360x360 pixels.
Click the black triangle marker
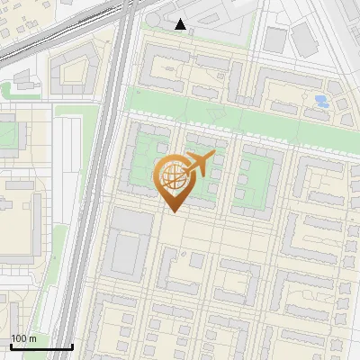point(181,24)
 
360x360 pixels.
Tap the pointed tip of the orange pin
point(173,211)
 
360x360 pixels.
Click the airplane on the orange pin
point(202,162)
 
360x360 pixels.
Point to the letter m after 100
point(32,338)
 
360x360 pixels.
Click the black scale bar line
point(41,346)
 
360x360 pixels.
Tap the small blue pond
point(320,101)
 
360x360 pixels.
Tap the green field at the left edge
point(7,135)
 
